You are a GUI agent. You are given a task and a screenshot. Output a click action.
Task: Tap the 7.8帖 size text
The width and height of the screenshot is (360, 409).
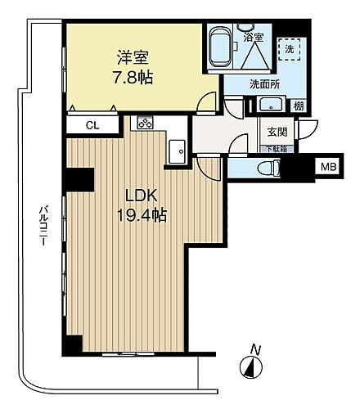(132, 79)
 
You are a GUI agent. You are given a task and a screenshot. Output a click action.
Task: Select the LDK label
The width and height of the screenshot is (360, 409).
(141, 196)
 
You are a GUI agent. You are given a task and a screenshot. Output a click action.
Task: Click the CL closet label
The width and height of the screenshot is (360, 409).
(93, 125)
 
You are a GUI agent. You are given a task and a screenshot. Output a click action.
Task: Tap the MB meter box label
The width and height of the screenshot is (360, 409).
(328, 168)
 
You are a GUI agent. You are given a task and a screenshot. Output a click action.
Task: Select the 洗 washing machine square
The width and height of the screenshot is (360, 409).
(290, 48)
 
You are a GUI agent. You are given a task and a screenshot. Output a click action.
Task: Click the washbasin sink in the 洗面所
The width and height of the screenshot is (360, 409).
(270, 104)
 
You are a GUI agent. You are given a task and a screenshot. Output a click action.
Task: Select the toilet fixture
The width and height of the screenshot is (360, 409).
(265, 169)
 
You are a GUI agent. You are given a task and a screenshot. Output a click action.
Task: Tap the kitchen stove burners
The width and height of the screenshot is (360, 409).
(144, 124)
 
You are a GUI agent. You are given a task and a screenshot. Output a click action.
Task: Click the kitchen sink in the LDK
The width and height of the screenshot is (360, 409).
(176, 150)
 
